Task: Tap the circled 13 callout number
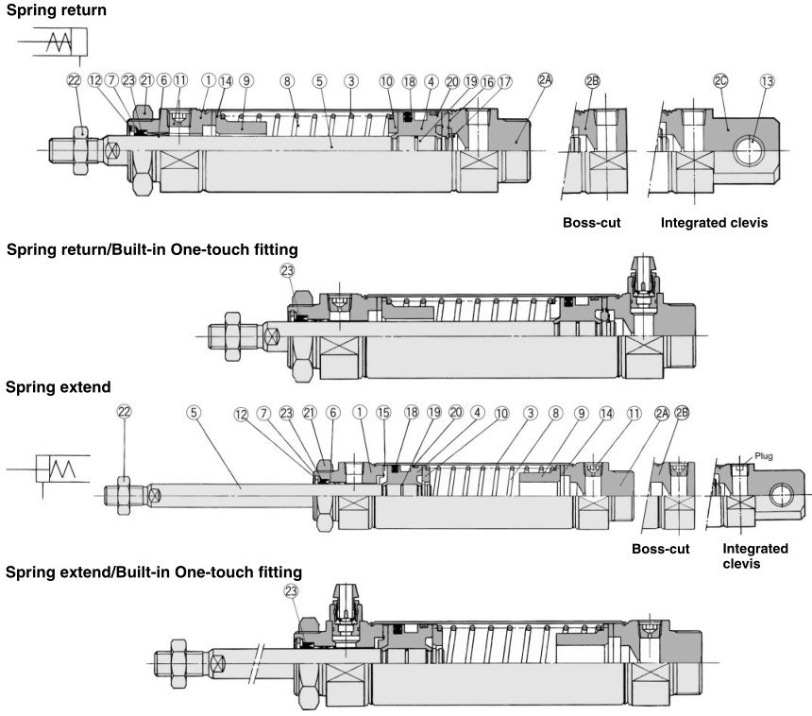click(766, 81)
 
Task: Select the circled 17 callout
click(504, 81)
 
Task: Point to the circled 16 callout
click(487, 81)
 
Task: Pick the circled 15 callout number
click(382, 412)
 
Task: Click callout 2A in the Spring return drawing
click(545, 81)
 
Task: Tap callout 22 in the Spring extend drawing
click(124, 412)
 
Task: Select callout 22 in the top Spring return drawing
click(75, 81)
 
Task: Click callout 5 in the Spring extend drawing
click(194, 412)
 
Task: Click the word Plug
click(764, 455)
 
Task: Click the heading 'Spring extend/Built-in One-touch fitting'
click(154, 571)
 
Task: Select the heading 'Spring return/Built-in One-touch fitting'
click(152, 249)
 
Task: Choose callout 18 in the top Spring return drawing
click(408, 81)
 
